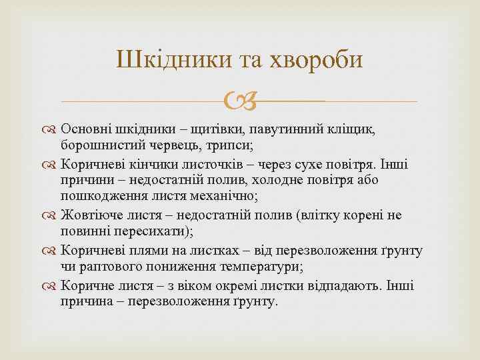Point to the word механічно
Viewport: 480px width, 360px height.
pyautogui.click(x=209, y=196)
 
